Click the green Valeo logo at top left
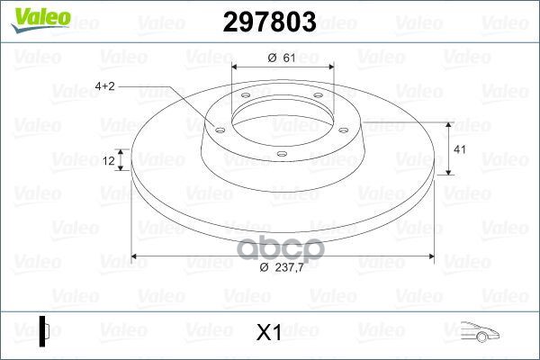coord(40,20)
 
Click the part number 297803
coord(269,22)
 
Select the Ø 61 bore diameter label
coord(282,58)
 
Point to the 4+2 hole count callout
coord(104,86)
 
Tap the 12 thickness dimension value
coord(109,161)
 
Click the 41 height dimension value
coord(460,149)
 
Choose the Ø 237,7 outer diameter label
coord(282,267)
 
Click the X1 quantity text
coord(269,332)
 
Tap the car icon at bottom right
coord(480,332)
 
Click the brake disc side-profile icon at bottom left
coord(44,331)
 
